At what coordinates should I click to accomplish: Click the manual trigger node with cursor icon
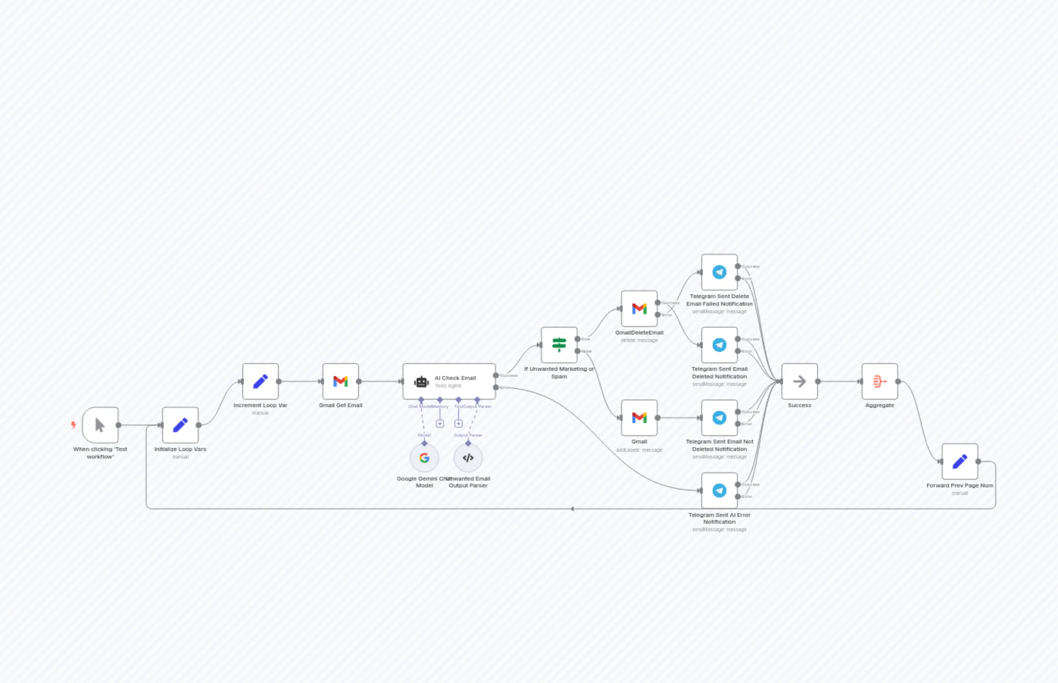click(x=100, y=425)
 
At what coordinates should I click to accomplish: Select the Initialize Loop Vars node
click(x=180, y=425)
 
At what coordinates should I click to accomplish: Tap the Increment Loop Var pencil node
click(x=261, y=381)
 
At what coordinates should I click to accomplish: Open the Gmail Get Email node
click(x=340, y=381)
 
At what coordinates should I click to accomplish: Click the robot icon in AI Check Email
click(x=421, y=381)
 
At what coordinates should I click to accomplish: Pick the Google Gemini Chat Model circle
click(x=424, y=458)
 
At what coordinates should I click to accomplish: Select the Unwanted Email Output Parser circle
click(x=468, y=458)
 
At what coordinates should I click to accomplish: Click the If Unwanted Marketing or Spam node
click(x=559, y=345)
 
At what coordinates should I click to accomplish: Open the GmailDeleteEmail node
click(x=639, y=309)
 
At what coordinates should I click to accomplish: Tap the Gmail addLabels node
click(x=639, y=418)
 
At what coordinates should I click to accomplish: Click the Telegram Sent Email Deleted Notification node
click(x=719, y=345)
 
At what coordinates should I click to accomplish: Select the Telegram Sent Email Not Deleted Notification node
click(x=719, y=418)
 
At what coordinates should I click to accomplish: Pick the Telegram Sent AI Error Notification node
click(x=719, y=490)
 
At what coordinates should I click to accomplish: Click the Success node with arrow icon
click(x=799, y=381)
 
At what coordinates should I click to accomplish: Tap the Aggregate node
click(x=880, y=381)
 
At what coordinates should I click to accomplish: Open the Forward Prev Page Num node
click(x=960, y=461)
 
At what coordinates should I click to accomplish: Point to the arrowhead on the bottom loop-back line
click(x=573, y=509)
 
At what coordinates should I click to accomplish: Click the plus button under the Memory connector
click(x=440, y=423)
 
